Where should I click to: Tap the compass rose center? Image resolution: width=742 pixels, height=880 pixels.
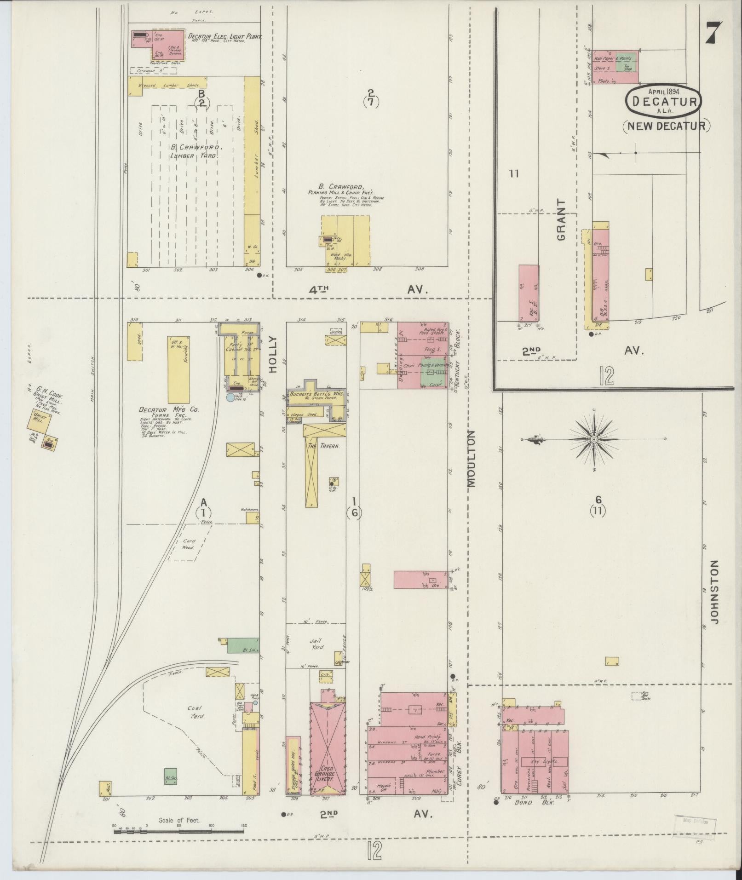click(594, 440)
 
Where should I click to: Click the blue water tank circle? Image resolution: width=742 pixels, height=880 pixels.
click(230, 397)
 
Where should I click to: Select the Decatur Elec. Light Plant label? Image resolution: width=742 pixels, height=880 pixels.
click(224, 36)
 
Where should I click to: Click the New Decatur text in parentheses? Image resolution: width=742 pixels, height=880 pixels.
click(667, 125)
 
